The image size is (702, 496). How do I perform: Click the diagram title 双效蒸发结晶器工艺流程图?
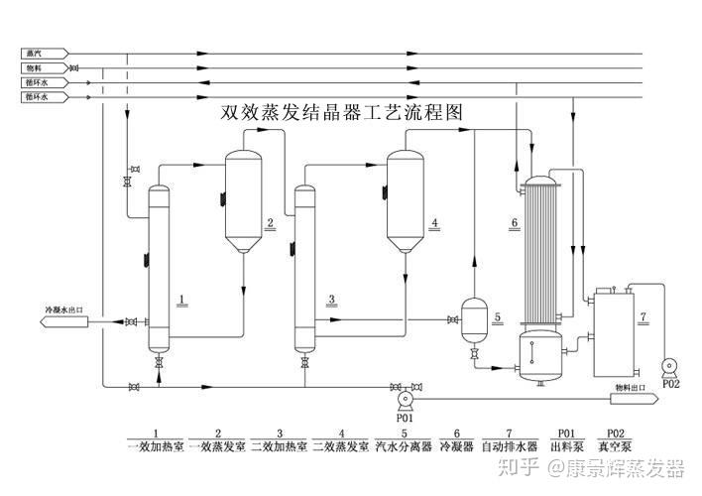[x=342, y=113]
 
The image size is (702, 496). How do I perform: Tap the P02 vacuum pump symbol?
[x=670, y=367]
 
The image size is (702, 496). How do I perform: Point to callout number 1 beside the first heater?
[x=180, y=298]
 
